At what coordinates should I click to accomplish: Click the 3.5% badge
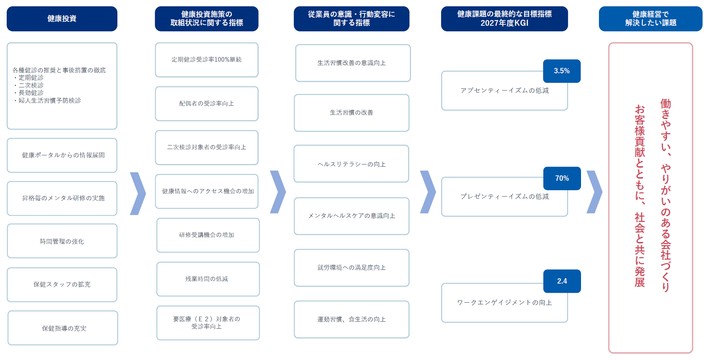(562, 71)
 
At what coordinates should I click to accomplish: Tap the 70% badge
(562, 178)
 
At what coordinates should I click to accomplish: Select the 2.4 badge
(562, 281)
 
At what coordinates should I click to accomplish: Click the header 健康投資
(62, 19)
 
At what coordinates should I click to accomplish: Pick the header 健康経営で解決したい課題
(650, 19)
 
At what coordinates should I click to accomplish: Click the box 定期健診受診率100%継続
(206, 60)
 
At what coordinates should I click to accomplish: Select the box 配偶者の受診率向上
(206, 104)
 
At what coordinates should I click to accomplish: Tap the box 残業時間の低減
(208, 279)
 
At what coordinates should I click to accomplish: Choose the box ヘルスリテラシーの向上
(351, 164)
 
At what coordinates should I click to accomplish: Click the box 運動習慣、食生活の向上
(352, 319)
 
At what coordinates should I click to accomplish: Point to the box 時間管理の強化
(62, 241)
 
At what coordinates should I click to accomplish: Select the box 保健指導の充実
(63, 328)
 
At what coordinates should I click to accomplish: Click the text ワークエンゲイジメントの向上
(505, 303)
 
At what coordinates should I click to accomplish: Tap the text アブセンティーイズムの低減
(505, 91)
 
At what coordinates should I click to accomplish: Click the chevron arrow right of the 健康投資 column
(138, 193)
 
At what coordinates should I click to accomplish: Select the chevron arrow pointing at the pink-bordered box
(594, 192)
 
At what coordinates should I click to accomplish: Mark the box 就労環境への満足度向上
(352, 268)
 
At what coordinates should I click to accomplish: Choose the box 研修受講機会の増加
(208, 235)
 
